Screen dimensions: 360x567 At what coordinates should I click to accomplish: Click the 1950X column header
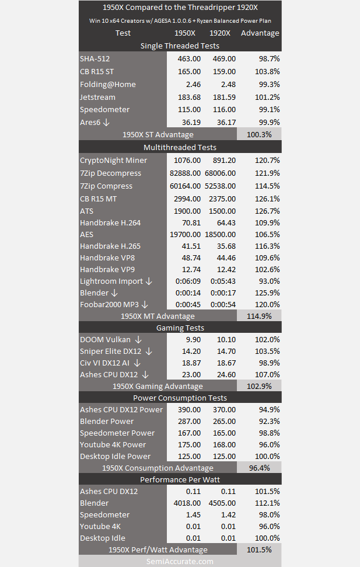(185, 33)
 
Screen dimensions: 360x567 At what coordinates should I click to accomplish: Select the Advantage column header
(260, 33)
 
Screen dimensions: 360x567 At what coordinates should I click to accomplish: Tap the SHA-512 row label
(95, 58)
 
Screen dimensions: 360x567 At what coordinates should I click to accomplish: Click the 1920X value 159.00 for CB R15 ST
(224, 72)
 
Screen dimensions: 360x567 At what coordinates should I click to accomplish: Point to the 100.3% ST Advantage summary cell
(259, 134)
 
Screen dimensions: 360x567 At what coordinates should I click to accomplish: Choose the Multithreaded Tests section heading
(180, 147)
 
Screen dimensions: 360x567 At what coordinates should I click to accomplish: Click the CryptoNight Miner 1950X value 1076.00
(187, 160)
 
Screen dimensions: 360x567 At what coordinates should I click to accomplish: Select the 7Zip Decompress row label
(111, 173)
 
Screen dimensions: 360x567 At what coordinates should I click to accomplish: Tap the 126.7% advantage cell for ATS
(267, 211)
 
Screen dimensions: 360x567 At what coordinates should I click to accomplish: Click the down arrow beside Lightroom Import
(149, 281)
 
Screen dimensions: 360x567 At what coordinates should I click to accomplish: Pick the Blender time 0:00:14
(188, 293)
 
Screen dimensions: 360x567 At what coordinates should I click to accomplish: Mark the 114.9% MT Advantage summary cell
(259, 316)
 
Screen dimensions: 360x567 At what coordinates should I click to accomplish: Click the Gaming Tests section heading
(180, 328)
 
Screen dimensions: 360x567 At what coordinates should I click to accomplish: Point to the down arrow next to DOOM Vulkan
(138, 340)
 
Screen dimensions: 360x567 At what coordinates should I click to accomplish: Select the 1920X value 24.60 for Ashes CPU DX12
(226, 375)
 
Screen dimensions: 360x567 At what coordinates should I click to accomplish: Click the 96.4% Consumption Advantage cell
(259, 468)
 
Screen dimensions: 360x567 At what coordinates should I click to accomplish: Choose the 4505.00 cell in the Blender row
(222, 503)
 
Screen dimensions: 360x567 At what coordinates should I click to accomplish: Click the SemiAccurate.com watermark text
(180, 562)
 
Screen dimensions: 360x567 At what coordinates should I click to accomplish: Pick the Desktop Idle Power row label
(116, 457)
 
